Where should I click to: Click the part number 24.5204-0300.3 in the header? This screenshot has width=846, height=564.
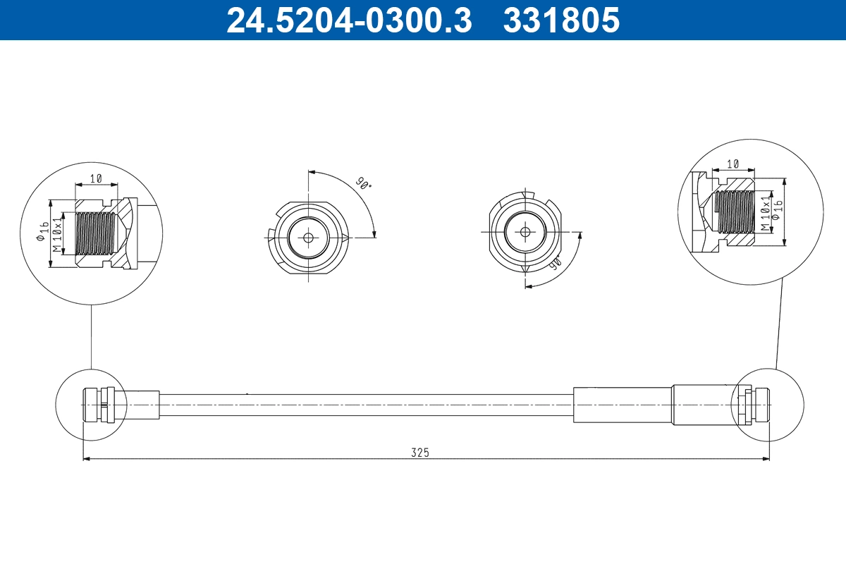[x=348, y=20]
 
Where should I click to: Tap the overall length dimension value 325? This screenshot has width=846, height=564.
[x=420, y=452]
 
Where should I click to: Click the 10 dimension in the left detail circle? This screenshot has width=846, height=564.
[x=96, y=179]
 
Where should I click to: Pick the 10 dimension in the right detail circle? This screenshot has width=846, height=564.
[x=732, y=164]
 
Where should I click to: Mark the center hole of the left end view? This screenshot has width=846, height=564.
[x=308, y=238]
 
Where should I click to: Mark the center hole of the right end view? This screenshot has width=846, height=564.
[x=525, y=231]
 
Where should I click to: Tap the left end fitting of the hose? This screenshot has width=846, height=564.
[x=97, y=405]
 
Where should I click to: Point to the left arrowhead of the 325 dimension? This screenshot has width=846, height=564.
[x=87, y=459]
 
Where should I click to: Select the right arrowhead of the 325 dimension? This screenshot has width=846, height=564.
[x=766, y=459]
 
